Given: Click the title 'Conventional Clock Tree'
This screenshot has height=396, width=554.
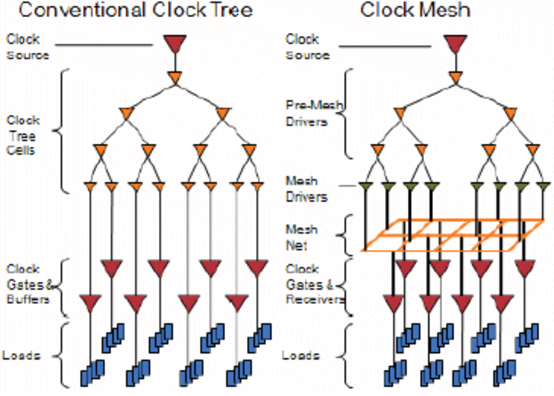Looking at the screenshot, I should pyautogui.click(x=135, y=10).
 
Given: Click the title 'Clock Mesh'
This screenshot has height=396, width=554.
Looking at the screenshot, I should pyautogui.click(x=415, y=10).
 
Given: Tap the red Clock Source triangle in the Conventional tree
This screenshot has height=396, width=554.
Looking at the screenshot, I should pyautogui.click(x=174, y=44).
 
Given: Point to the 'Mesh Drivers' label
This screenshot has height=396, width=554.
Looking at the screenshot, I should pyautogui.click(x=306, y=189).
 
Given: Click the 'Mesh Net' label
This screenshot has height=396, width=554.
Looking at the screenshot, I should pyautogui.click(x=302, y=237).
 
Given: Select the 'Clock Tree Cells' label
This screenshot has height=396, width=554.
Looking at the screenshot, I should pyautogui.click(x=23, y=135).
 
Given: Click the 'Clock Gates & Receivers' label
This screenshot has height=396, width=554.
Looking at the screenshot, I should pyautogui.click(x=315, y=284).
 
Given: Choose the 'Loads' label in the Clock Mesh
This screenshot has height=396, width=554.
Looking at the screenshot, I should pyautogui.click(x=301, y=356).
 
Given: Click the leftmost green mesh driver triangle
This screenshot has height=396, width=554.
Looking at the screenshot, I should pyautogui.click(x=366, y=187).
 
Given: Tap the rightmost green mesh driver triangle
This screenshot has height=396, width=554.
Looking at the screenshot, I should pyautogui.click(x=543, y=187).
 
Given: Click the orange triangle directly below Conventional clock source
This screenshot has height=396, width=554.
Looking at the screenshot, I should pyautogui.click(x=175, y=78).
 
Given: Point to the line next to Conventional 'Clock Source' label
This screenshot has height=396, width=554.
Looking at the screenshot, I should pyautogui.click(x=104, y=44).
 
